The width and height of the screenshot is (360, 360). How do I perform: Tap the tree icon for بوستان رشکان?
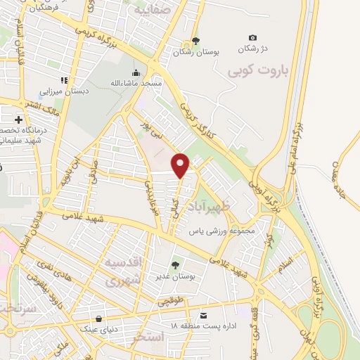pos(195,40)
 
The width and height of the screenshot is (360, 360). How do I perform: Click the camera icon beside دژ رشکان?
pos(253,37)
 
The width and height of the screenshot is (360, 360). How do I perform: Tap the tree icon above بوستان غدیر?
pos(175,264)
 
